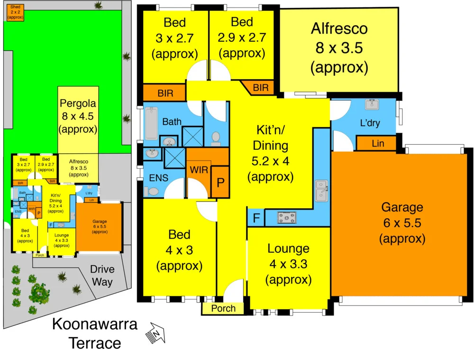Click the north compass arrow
(x=157, y=333)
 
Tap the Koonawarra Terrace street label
(x=94, y=333)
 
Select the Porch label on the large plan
(x=223, y=308)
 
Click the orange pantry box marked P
(x=220, y=181)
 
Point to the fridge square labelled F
(x=256, y=218)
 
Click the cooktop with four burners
(x=287, y=218)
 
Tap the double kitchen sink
(x=322, y=190)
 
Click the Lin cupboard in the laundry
(x=378, y=143)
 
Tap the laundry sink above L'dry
(x=371, y=104)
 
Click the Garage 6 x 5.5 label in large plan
(x=401, y=222)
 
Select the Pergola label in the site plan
(x=78, y=115)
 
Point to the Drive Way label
(x=102, y=276)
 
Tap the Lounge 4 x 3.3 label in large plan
(x=288, y=264)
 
